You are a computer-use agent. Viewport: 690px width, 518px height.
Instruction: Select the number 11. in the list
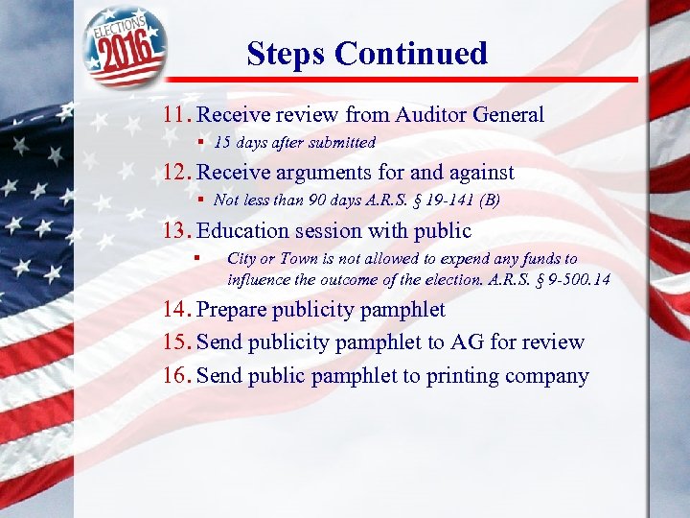pyautogui.click(x=177, y=115)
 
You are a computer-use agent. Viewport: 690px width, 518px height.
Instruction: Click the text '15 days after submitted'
pyautogui.click(x=294, y=142)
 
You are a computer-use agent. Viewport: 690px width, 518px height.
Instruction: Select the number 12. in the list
pyautogui.click(x=177, y=173)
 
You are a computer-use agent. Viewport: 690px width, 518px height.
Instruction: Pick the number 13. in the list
pyautogui.click(x=177, y=230)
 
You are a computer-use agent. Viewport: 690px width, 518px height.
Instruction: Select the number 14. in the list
pyautogui.click(x=177, y=310)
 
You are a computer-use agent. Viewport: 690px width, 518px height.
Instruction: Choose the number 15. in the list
pyautogui.click(x=177, y=342)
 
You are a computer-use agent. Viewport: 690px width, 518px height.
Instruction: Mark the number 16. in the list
pyautogui.click(x=177, y=375)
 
